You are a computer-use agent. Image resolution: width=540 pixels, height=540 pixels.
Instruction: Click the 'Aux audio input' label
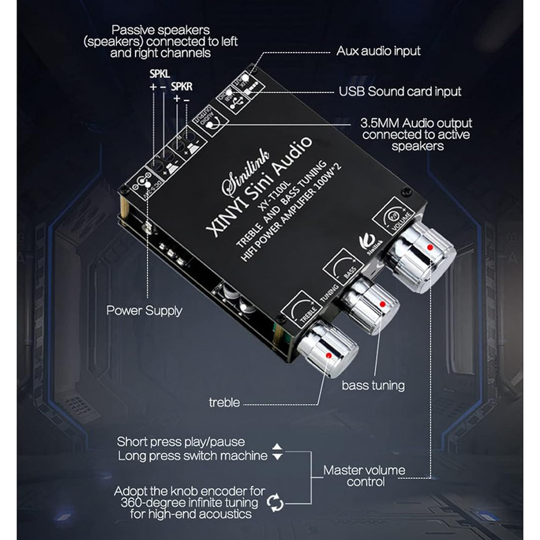click(x=378, y=51)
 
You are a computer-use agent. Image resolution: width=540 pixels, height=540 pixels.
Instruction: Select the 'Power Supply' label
click(x=144, y=311)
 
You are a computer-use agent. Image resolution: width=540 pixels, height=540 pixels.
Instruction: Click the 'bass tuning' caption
click(x=373, y=385)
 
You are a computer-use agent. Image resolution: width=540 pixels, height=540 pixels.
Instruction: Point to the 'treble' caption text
click(x=224, y=403)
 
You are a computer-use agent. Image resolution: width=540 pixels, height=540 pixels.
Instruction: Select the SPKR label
click(x=182, y=86)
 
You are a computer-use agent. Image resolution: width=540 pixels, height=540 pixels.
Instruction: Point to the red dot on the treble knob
click(x=328, y=354)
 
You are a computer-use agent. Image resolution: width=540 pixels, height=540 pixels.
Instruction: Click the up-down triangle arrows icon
click(x=277, y=452)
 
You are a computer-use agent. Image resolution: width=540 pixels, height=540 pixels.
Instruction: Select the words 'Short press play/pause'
click(x=181, y=442)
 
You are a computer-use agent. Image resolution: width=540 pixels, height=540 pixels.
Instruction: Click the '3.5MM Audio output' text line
click(x=416, y=124)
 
